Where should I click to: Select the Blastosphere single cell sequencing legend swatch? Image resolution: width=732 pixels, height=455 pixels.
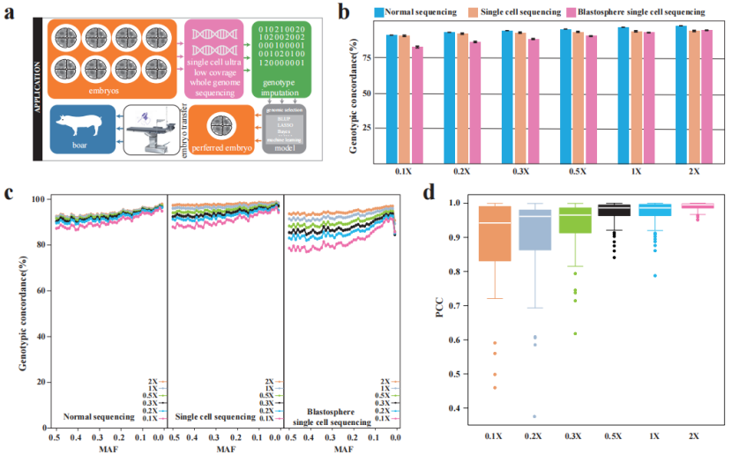tap(571, 12)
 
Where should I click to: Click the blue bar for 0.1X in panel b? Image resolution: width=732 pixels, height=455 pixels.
tap(391, 97)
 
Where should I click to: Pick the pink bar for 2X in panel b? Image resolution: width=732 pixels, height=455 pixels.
tap(706, 95)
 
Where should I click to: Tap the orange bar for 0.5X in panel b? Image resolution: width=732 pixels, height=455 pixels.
tap(578, 95)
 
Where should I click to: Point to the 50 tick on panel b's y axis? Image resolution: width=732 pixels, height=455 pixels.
tap(365, 93)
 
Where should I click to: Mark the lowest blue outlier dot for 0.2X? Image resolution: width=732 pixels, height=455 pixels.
tap(534, 416)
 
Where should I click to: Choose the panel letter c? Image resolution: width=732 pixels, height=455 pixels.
tap(10, 193)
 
